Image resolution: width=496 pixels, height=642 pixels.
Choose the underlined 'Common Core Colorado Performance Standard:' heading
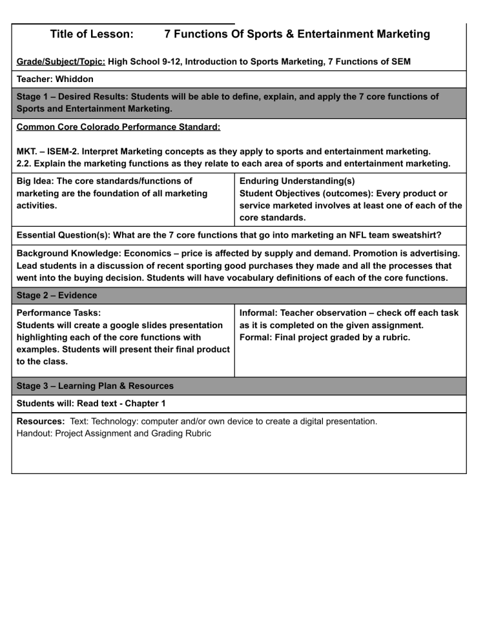click(118, 127)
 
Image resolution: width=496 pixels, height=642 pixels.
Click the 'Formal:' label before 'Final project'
click(256, 337)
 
